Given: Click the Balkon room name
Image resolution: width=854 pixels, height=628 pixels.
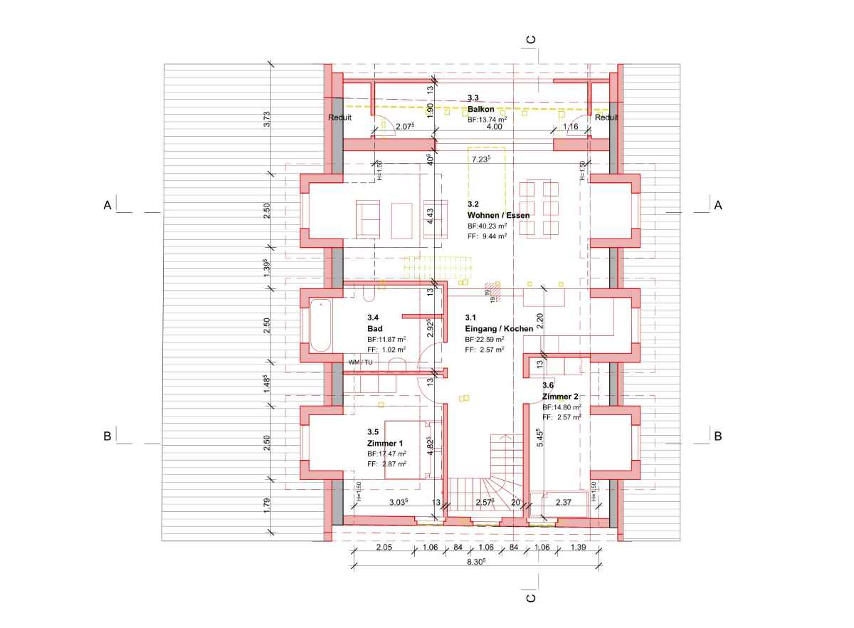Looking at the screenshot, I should tap(481, 109).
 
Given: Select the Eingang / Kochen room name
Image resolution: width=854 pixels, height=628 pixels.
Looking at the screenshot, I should tap(499, 329).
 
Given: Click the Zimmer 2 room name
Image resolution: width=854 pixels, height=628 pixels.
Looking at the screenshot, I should tap(560, 396).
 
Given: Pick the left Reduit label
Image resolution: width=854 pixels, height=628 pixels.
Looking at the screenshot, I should tap(339, 117).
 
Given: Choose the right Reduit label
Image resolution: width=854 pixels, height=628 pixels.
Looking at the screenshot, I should tap(606, 117).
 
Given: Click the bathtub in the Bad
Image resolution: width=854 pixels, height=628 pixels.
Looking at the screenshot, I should tap(320, 325).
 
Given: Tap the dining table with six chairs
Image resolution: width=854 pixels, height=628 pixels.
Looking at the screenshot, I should tap(539, 208).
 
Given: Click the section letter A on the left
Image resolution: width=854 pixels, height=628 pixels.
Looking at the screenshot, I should tap(107, 205).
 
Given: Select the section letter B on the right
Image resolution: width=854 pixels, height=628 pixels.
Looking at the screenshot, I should tap(718, 436).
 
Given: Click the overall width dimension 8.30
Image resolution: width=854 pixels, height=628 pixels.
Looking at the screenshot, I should tap(475, 562).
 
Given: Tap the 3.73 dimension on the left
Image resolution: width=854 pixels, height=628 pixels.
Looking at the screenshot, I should tap(267, 119).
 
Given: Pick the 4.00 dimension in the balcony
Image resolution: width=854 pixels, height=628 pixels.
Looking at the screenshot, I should tap(492, 127).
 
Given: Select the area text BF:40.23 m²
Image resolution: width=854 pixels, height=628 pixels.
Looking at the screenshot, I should tap(487, 226).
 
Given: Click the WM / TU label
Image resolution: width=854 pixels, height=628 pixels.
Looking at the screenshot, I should tap(360, 362).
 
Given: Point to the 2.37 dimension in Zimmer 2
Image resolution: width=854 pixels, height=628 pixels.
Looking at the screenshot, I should tap(564, 503).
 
